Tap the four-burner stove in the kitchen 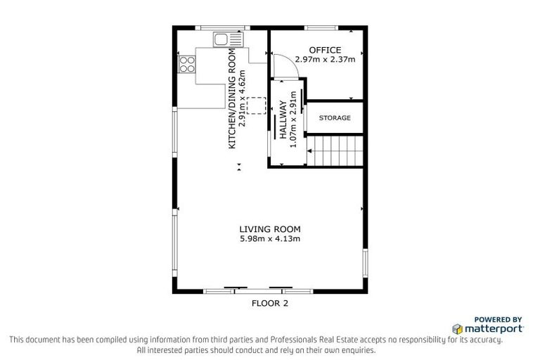(187, 64)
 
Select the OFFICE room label (325, 50)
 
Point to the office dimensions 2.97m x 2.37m (325, 59)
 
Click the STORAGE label (334, 118)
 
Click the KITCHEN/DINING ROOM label (231, 98)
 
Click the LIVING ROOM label (269, 229)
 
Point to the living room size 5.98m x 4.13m (269, 239)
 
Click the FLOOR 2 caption (270, 304)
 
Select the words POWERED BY (499, 319)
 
